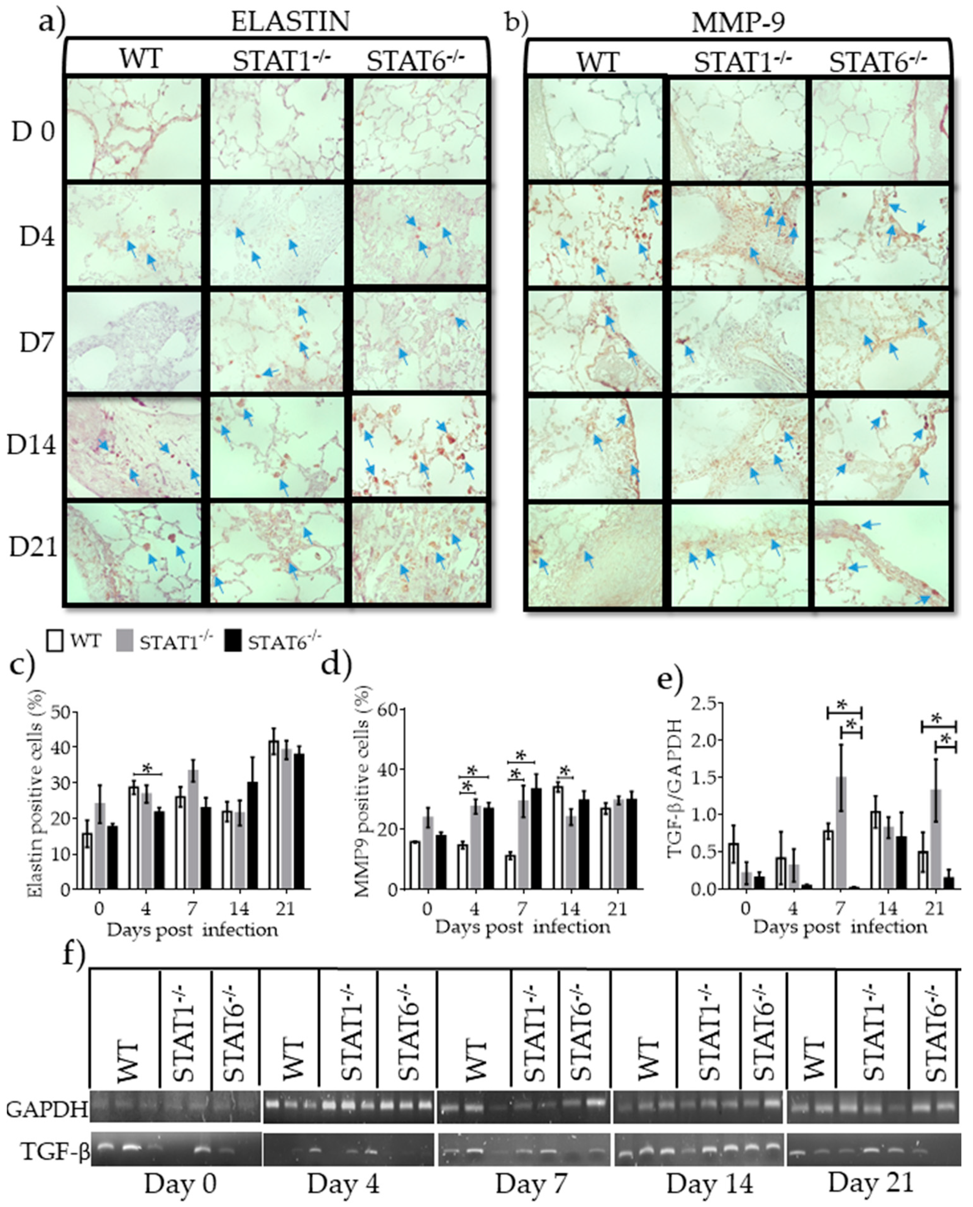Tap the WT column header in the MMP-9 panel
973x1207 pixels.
click(598, 61)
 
